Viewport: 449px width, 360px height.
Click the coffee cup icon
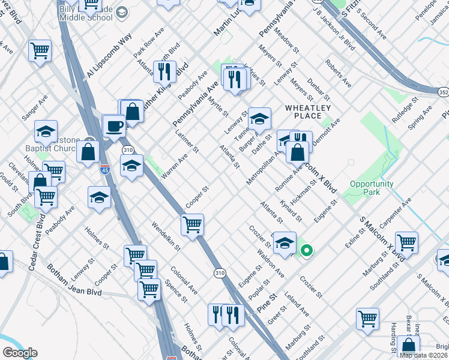pyautogui.click(x=114, y=126)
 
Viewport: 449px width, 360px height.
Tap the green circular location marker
pyautogui.click(x=306, y=251)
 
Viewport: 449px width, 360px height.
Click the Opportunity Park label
pyautogui.click(x=372, y=188)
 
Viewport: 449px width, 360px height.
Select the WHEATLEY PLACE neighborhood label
pyautogui.click(x=308, y=112)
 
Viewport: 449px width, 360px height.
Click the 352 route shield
pyautogui.click(x=443, y=92)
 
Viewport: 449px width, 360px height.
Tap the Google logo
pyautogui.click(x=20, y=353)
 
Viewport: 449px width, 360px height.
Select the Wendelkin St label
pyautogui.click(x=166, y=235)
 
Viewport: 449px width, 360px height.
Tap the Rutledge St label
pyautogui.click(x=406, y=106)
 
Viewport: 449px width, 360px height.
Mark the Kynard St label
pyautogui.click(x=290, y=210)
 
